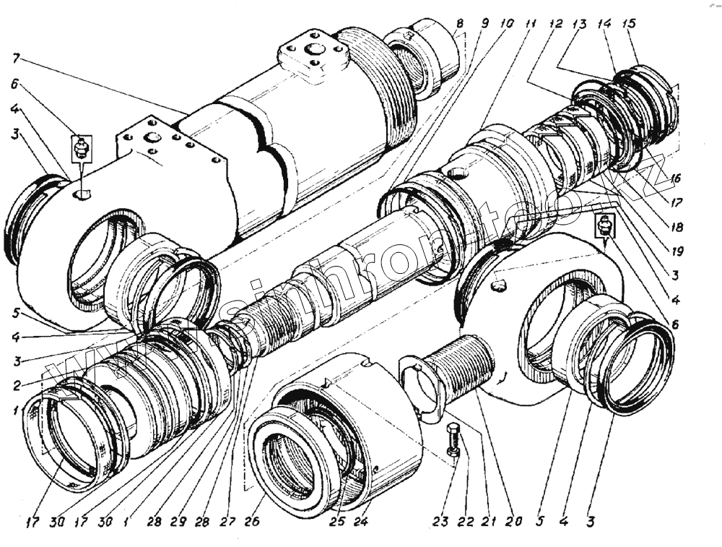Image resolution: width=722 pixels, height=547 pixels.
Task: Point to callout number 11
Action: pos(532,23)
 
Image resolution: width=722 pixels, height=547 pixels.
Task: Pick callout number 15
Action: pos(629,23)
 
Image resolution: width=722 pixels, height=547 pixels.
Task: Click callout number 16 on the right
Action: pos(675,178)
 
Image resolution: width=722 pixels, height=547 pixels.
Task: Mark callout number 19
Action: pos(675,252)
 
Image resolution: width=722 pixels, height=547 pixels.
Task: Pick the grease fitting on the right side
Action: pos(605,225)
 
